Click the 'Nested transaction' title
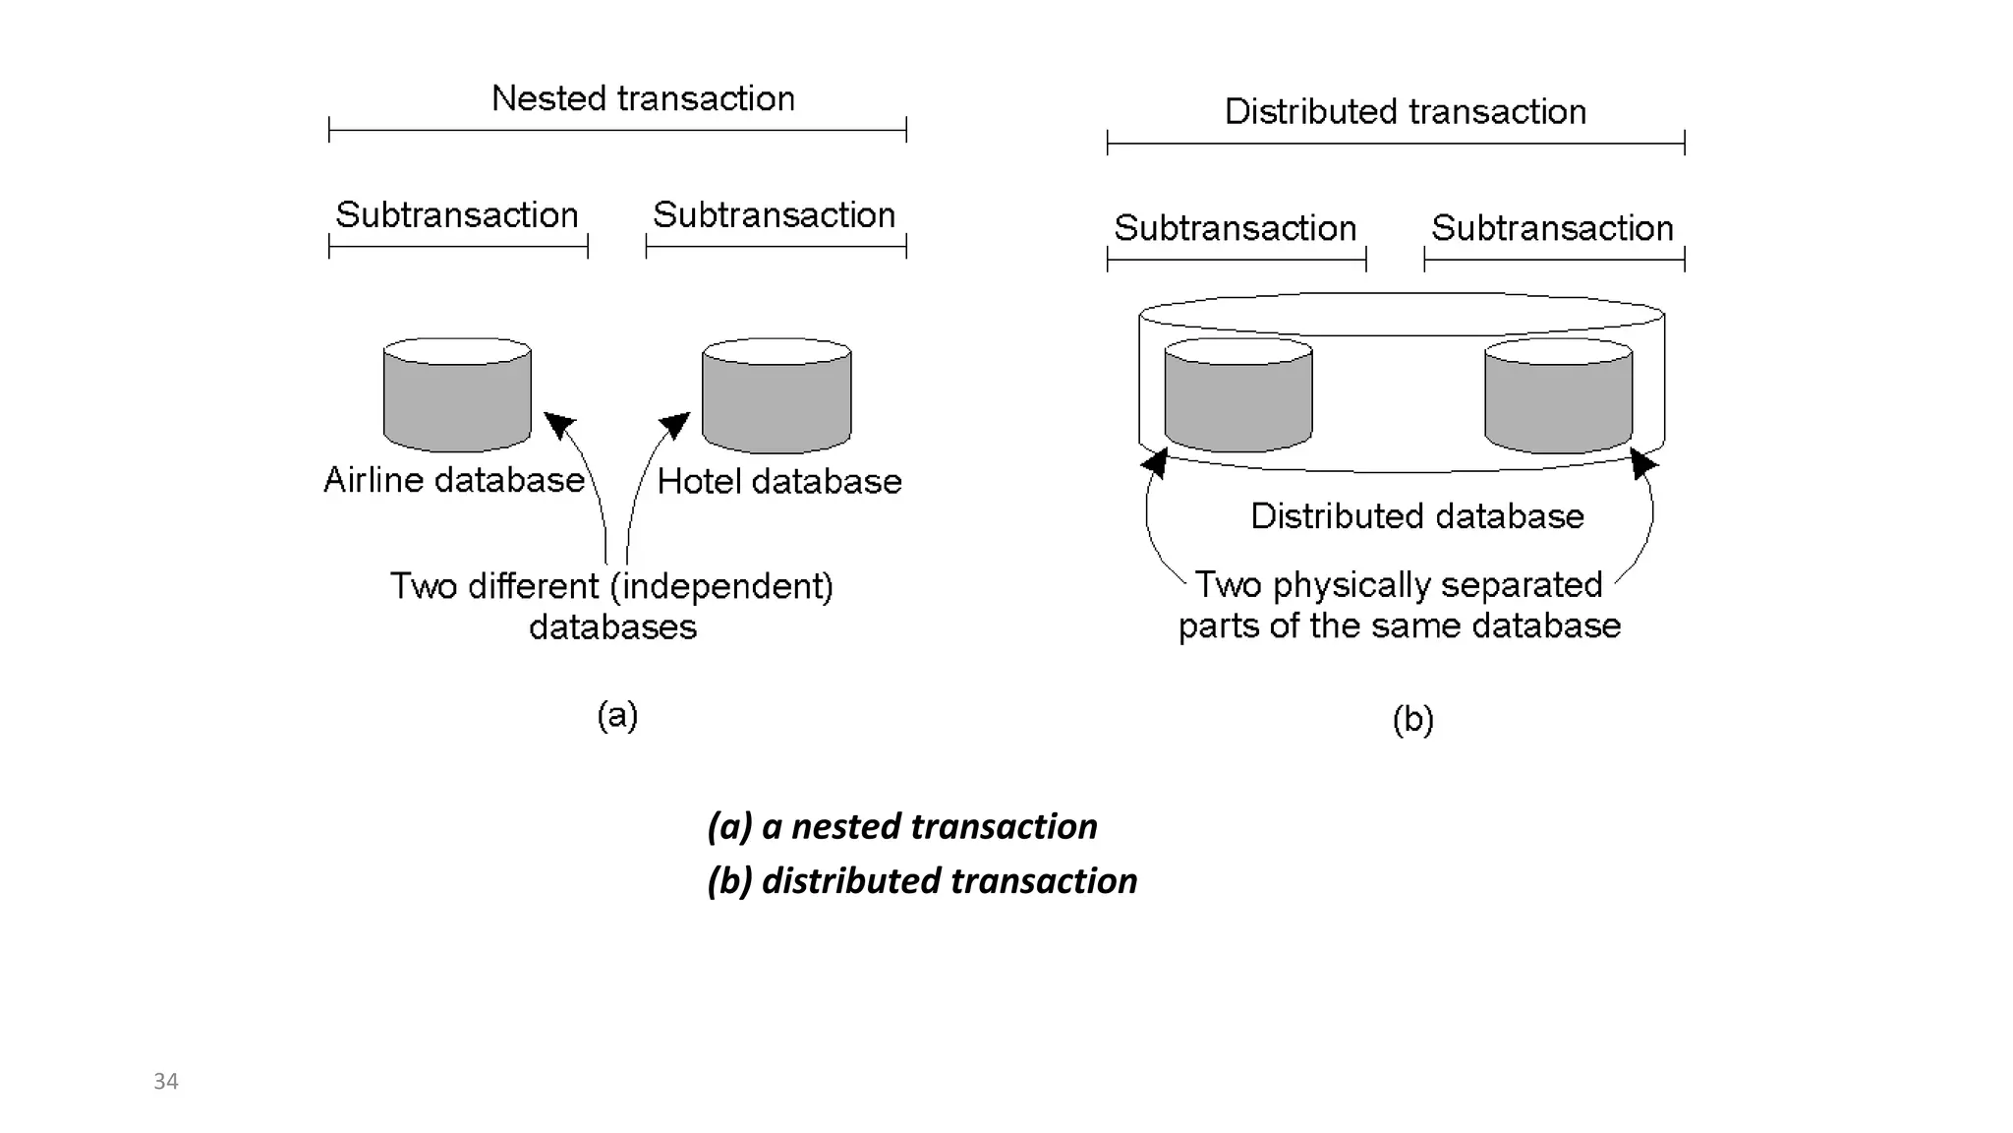pyautogui.click(x=643, y=98)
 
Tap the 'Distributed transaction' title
pyautogui.click(x=1405, y=111)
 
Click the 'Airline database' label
pyautogui.click(x=454, y=480)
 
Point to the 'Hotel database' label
pyautogui.click(x=778, y=481)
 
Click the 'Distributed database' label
pyautogui.click(x=1416, y=515)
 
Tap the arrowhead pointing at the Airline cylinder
pyautogui.click(x=558, y=424)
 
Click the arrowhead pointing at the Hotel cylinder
pyautogui.click(x=675, y=424)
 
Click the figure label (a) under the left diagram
pyautogui.click(x=617, y=715)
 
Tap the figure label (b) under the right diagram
pyautogui.click(x=1412, y=720)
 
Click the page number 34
pyautogui.click(x=166, y=1081)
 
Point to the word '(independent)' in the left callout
pyautogui.click(x=721, y=586)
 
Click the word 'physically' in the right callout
pyautogui.click(x=1350, y=584)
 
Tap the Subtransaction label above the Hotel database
pyautogui.click(x=775, y=214)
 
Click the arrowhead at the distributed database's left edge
pyautogui.click(x=1156, y=461)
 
